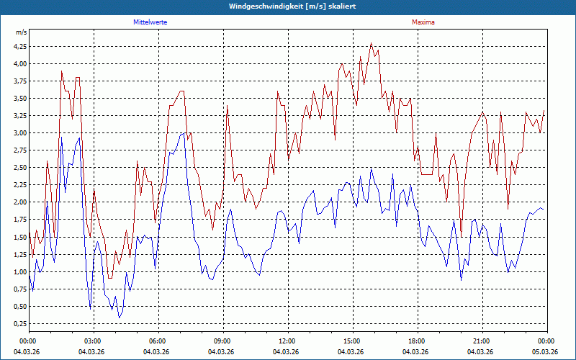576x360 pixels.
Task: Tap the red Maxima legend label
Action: pyautogui.click(x=423, y=22)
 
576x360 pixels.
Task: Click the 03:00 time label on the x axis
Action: pyautogui.click(x=92, y=341)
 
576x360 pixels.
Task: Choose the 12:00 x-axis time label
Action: pyautogui.click(x=287, y=341)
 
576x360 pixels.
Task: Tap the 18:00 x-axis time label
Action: pyautogui.click(x=416, y=341)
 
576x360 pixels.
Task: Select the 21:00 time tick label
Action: pyautogui.click(x=481, y=341)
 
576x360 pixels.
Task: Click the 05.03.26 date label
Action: pyautogui.click(x=545, y=351)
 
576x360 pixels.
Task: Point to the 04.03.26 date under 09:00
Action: pyautogui.click(x=222, y=351)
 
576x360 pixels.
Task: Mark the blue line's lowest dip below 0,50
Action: pyautogui.click(x=120, y=318)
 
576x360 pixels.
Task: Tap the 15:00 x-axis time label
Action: pyautogui.click(x=351, y=341)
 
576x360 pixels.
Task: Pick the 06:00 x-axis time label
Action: pyautogui.click(x=157, y=341)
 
